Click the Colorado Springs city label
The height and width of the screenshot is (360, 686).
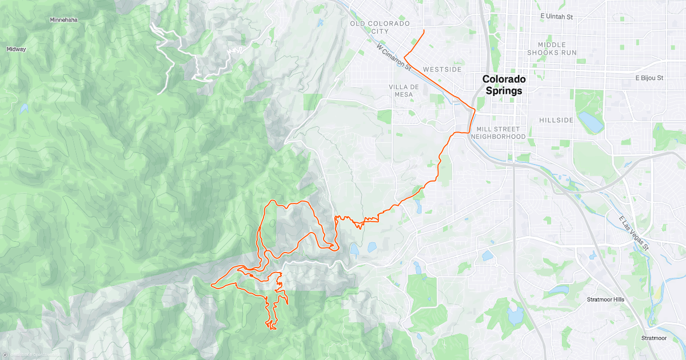[502, 85]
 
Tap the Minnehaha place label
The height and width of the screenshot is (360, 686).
[63, 20]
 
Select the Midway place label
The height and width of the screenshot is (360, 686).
[16, 49]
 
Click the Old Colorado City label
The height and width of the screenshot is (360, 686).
[380, 27]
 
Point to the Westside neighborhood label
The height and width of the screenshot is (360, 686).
[442, 69]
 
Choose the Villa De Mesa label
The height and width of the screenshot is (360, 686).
[404, 90]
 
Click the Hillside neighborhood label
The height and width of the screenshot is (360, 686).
[556, 120]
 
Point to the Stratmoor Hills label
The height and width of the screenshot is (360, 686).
[605, 299]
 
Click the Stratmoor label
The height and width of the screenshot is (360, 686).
[653, 338]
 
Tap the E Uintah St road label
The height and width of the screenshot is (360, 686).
[556, 17]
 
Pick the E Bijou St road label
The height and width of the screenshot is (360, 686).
[649, 78]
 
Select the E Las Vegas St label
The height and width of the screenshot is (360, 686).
[634, 234]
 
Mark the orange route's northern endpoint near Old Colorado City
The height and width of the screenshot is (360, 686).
[424, 30]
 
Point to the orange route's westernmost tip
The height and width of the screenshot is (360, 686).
[212, 285]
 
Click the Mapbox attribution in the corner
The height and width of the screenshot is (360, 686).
[23, 354]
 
